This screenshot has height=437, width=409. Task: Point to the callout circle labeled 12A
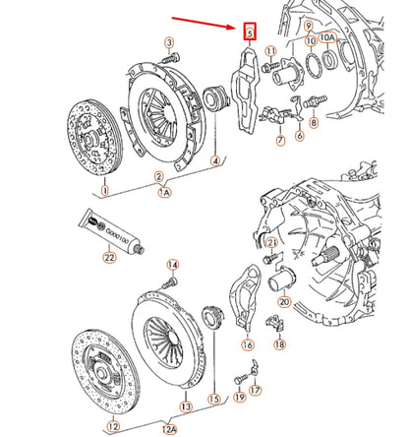168,428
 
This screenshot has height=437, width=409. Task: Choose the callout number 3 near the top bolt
168,42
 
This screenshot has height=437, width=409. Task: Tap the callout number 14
171,266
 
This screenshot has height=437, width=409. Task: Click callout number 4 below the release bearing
215,159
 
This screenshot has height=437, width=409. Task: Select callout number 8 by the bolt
314,124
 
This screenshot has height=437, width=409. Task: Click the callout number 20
284,302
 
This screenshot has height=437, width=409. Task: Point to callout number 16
248,345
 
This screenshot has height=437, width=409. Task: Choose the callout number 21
272,242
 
